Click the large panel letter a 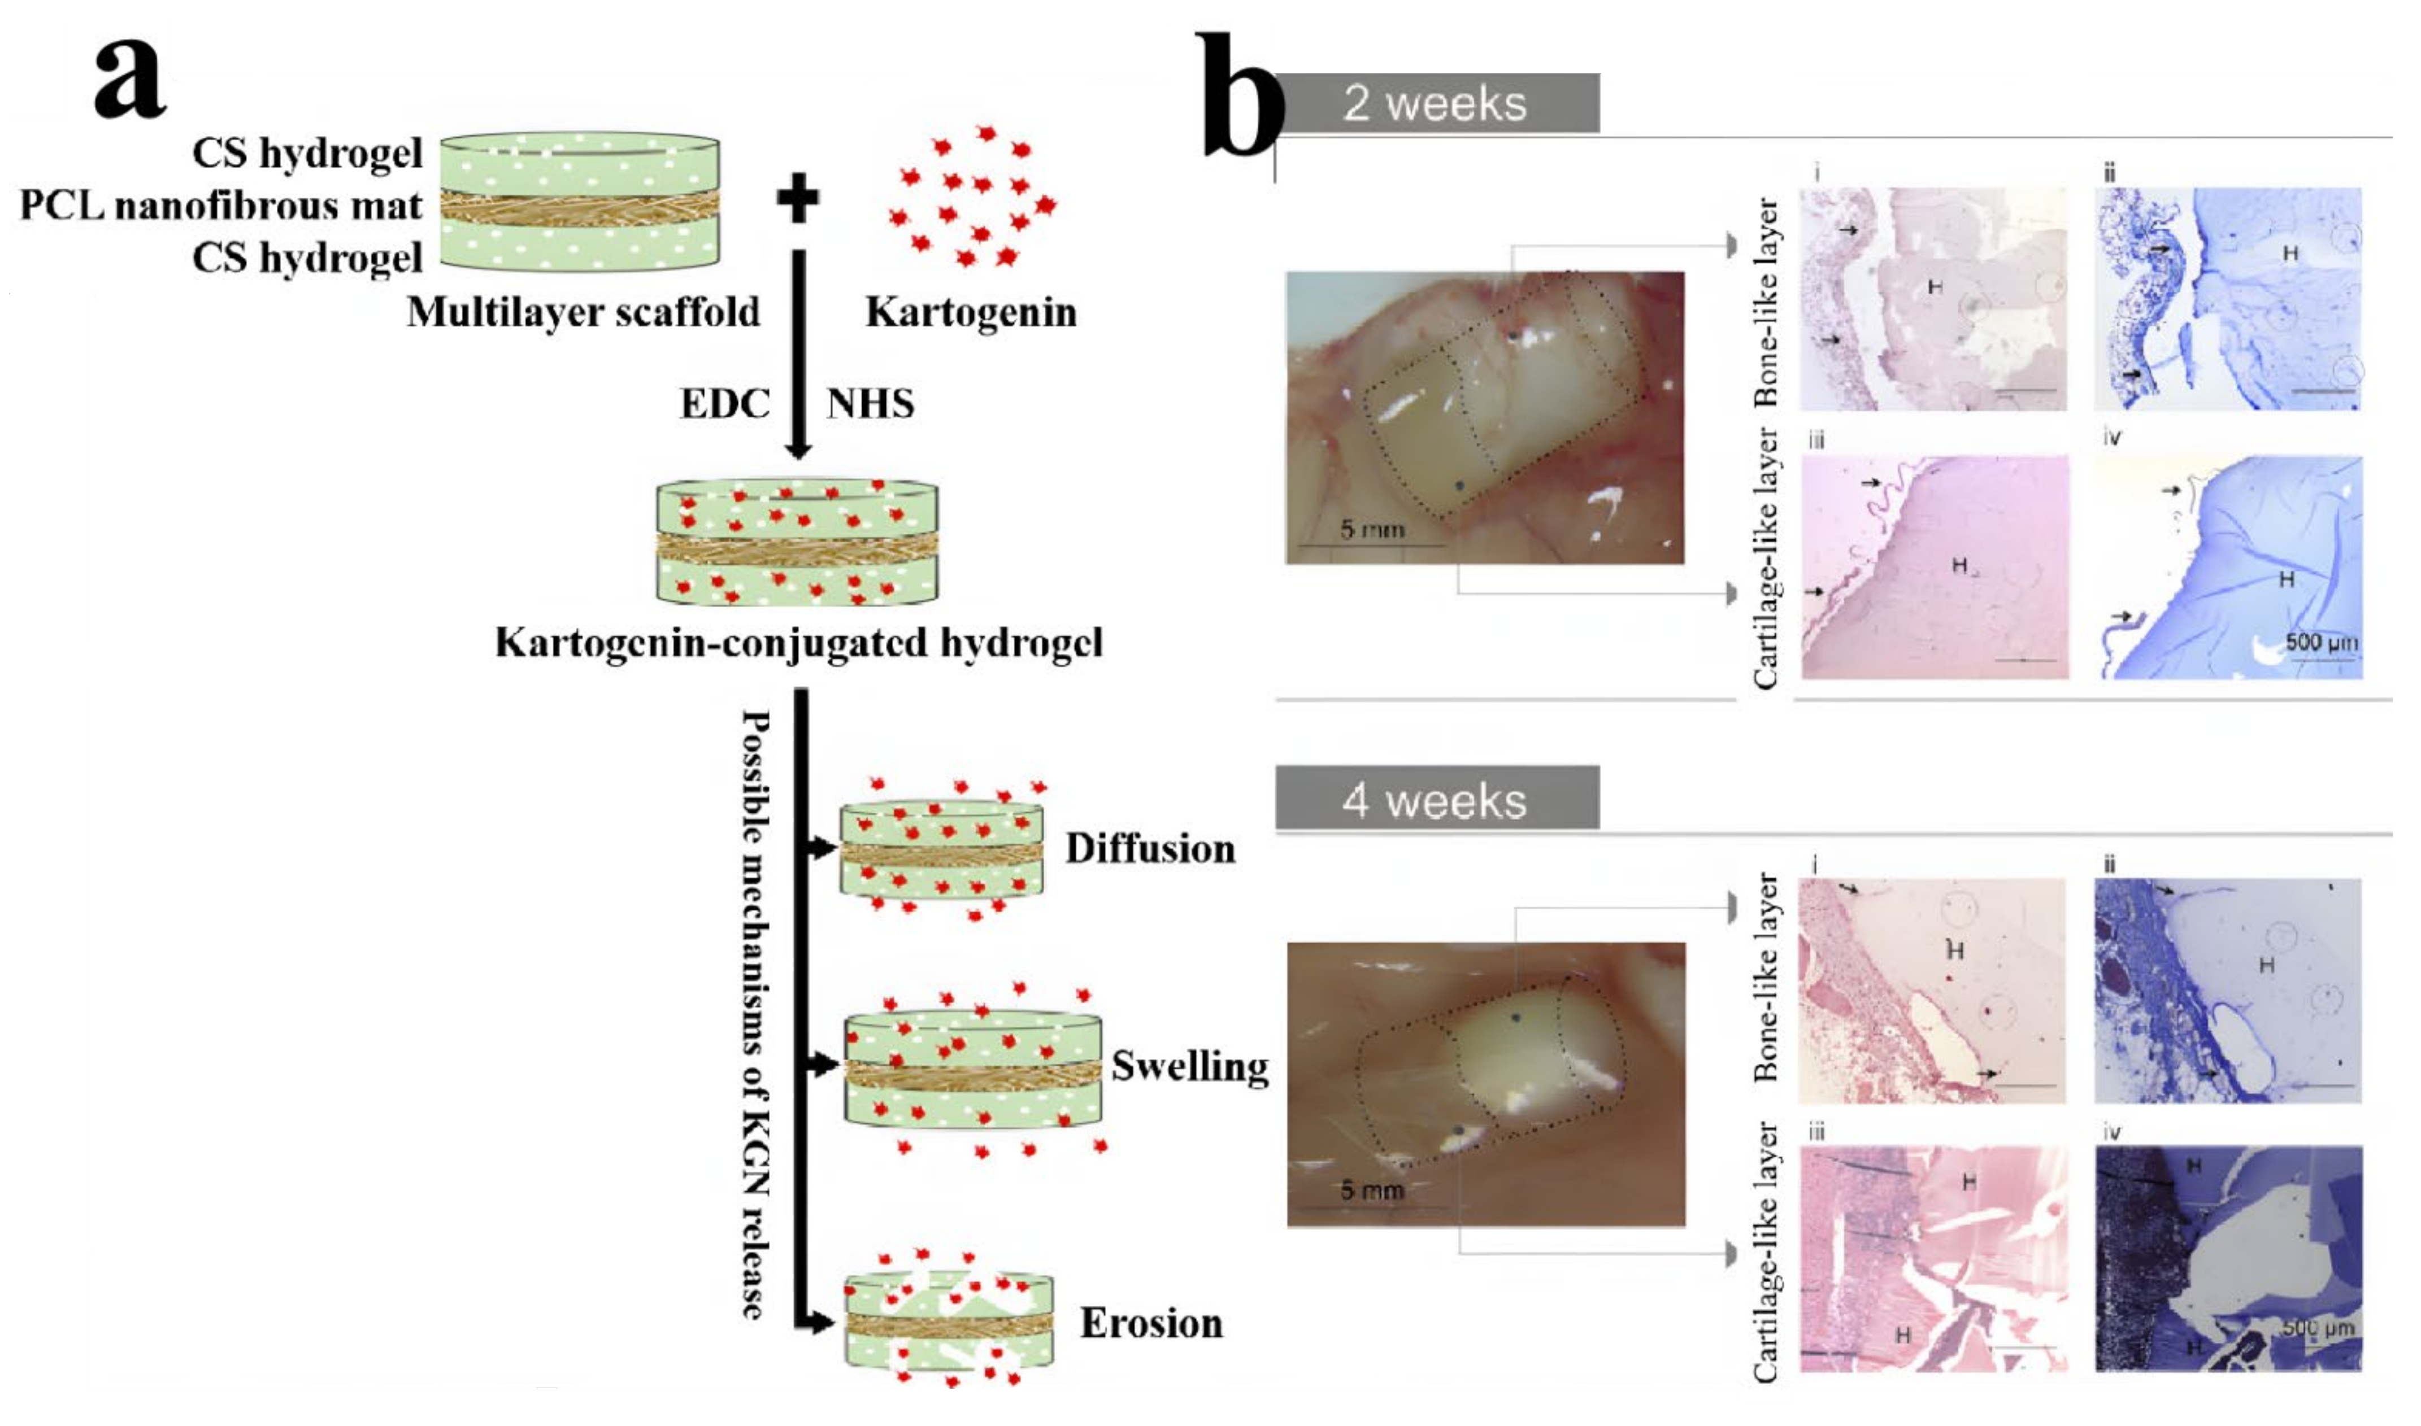[x=130, y=79]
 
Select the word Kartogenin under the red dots [x=971, y=312]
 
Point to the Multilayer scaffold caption [x=583, y=312]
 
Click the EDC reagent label [x=725, y=404]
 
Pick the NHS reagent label [x=870, y=404]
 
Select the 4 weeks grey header [x=1436, y=800]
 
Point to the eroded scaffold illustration [x=949, y=1322]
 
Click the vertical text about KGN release [x=757, y=1014]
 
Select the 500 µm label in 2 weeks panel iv [x=2320, y=642]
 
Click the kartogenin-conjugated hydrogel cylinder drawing [x=797, y=543]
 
